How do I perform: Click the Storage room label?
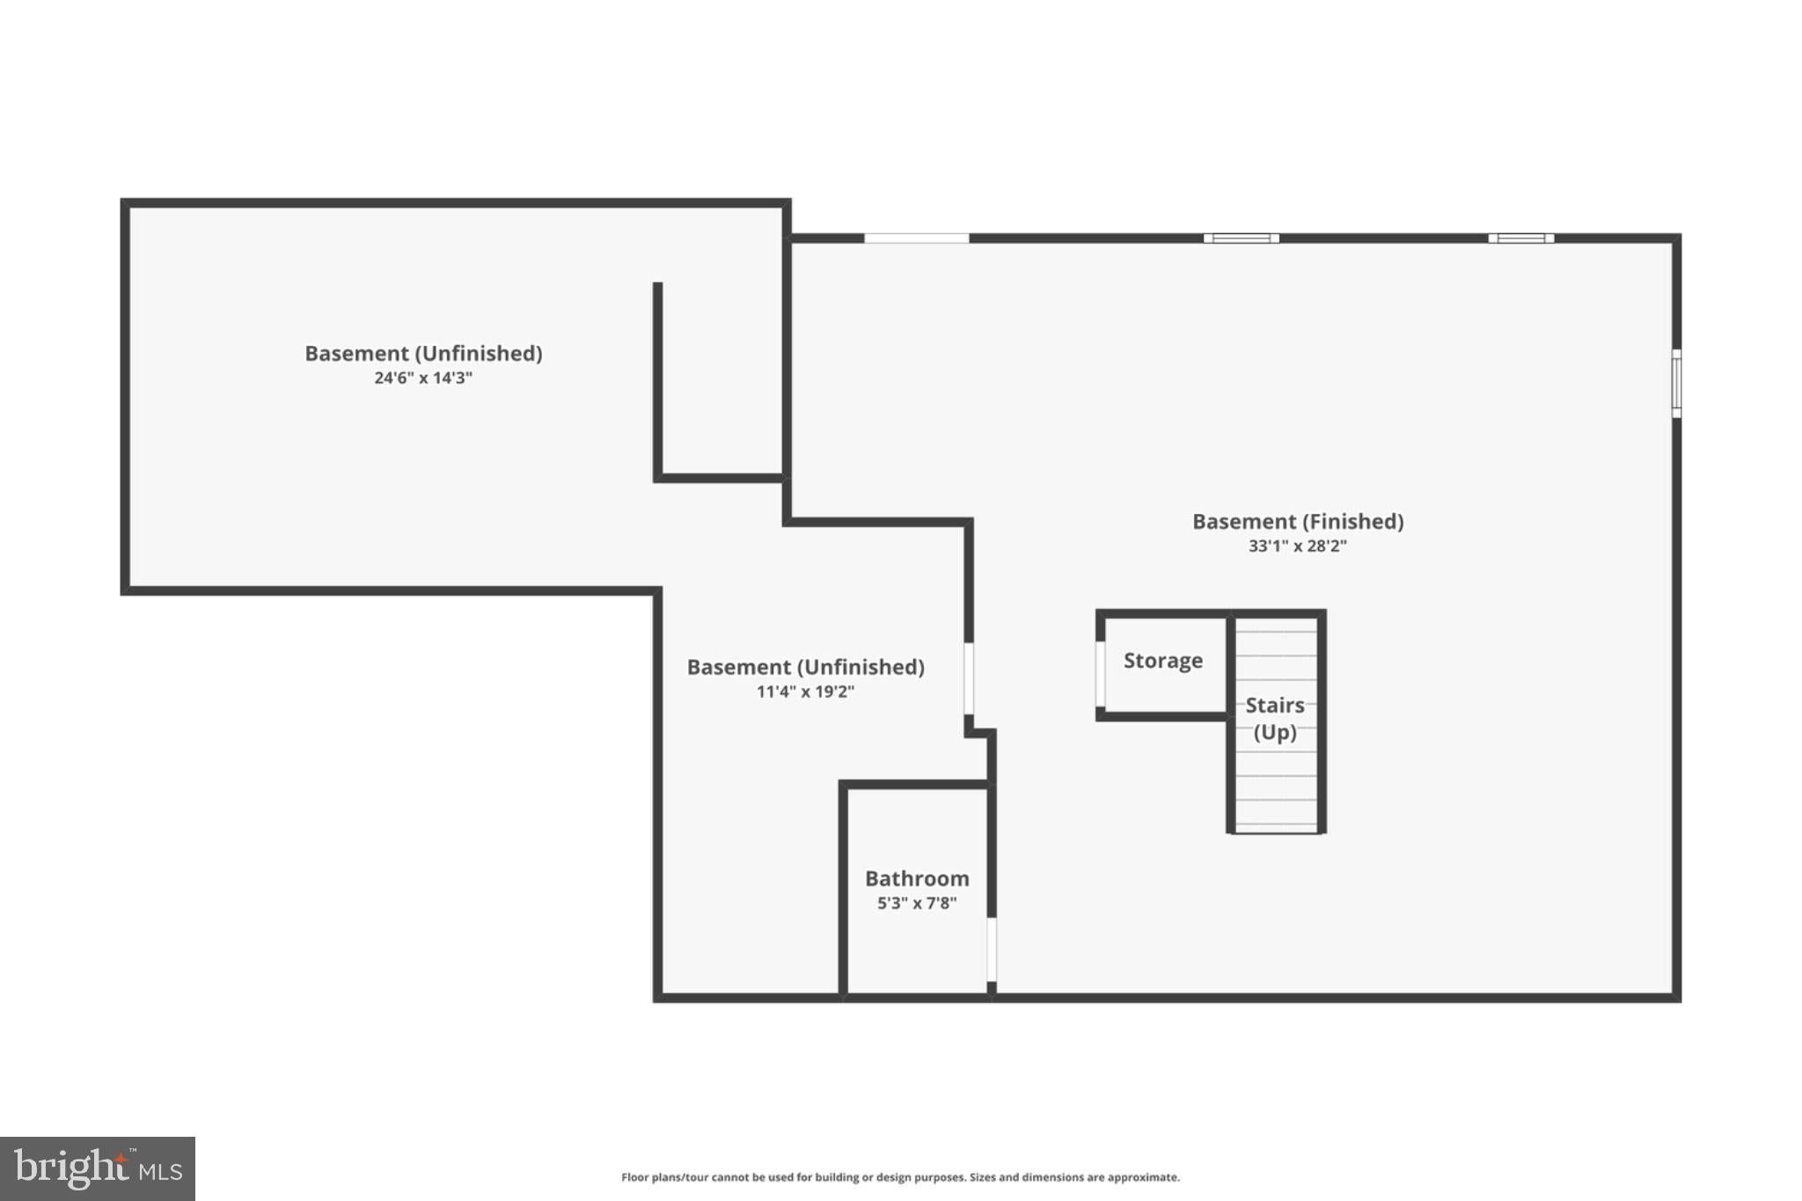[x=1162, y=661]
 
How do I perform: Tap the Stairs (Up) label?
[x=1275, y=719]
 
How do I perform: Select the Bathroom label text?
[x=917, y=878]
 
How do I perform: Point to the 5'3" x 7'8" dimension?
[x=917, y=903]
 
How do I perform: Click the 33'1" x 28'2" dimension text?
[x=1298, y=546]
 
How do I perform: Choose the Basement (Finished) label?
[x=1298, y=522]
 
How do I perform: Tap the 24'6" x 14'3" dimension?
[x=423, y=377]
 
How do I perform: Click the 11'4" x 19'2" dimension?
[x=805, y=692]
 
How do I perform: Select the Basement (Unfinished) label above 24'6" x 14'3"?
[x=423, y=354]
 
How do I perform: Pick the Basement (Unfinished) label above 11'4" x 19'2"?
[x=805, y=667]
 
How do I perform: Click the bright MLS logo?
[x=98, y=1168]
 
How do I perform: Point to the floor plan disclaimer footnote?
[x=900, y=1177]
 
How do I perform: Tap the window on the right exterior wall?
[x=1676, y=384]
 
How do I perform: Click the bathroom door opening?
[x=992, y=950]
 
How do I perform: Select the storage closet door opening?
[x=1100, y=674]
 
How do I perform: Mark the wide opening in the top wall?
[x=916, y=238]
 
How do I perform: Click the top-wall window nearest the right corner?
[x=1520, y=238]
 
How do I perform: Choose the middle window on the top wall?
[x=1241, y=238]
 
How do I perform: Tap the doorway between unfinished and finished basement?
[x=969, y=678]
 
